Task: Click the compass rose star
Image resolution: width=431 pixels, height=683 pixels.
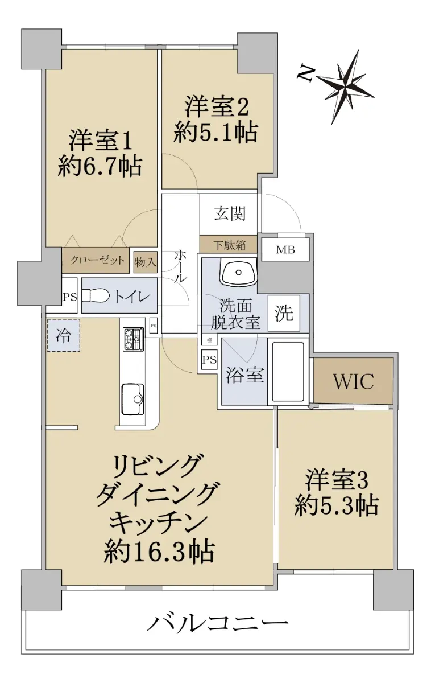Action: point(346,87)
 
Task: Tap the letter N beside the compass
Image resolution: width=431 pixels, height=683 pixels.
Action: point(305,73)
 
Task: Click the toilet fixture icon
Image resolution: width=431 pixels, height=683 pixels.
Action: point(96,295)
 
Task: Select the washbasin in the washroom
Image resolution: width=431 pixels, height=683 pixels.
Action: point(239,272)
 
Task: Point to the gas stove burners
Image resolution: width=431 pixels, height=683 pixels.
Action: point(134,339)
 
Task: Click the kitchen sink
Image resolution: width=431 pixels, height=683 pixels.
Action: point(133,399)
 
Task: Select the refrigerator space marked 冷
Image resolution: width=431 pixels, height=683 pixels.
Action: point(63,335)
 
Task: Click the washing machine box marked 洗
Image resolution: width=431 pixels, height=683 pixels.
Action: point(284,313)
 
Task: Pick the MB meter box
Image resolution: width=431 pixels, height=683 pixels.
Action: point(285,250)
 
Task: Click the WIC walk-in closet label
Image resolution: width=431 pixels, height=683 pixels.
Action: point(353,381)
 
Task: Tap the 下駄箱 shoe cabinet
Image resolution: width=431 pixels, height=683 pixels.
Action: point(229,245)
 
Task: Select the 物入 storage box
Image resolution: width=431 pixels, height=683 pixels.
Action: point(146,262)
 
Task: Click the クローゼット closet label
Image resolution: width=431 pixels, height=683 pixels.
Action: point(97,260)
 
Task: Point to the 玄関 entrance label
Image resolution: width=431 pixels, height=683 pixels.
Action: point(230,214)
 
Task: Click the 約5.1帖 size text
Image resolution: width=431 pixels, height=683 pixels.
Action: point(215,133)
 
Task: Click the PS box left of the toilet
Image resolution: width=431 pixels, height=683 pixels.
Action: point(70,297)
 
